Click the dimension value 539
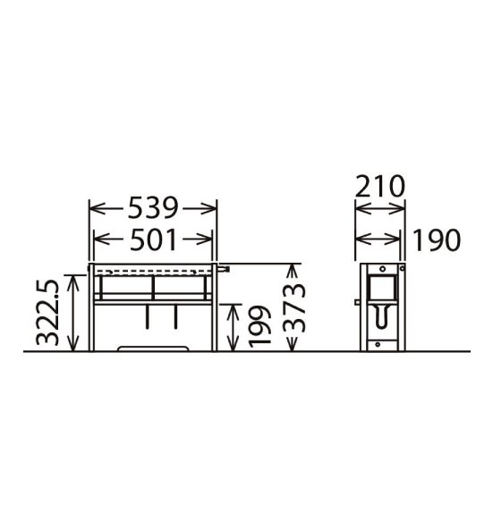[x=153, y=208]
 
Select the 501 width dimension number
[x=153, y=239]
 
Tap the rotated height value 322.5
[x=47, y=312]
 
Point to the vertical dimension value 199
[x=259, y=326]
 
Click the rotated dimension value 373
[x=294, y=307]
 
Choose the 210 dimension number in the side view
[x=379, y=186]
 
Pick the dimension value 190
[x=437, y=239]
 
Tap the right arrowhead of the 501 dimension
[x=205, y=239]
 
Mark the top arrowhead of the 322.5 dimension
[x=72, y=282]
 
